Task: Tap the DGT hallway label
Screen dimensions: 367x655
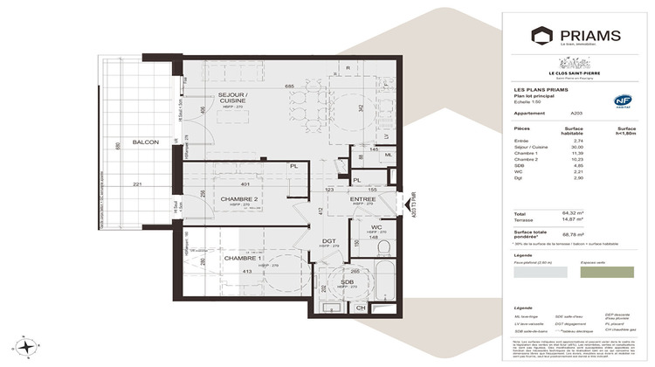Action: pyautogui.click(x=329, y=241)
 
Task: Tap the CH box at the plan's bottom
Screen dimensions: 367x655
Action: pyautogui.click(x=361, y=308)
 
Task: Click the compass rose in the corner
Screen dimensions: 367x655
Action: pyautogui.click(x=28, y=346)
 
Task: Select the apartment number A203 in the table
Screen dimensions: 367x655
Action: pyautogui.click(x=576, y=113)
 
